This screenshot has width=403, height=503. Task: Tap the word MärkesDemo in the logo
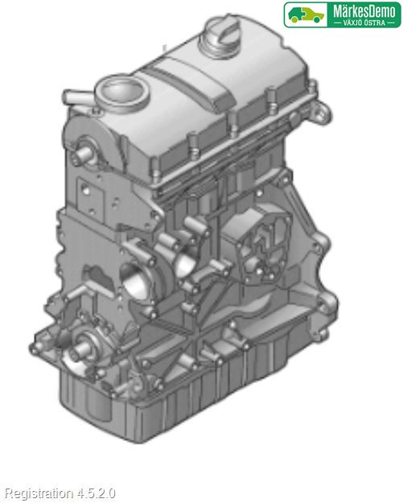(364, 12)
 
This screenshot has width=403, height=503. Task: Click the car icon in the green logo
(306, 14)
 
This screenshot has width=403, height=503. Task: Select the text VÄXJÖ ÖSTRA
(364, 23)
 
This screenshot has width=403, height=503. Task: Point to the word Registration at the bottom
(39, 493)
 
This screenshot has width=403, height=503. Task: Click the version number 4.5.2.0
(96, 493)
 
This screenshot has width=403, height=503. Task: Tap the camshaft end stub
(84, 154)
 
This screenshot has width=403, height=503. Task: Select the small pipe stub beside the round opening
(76, 97)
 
